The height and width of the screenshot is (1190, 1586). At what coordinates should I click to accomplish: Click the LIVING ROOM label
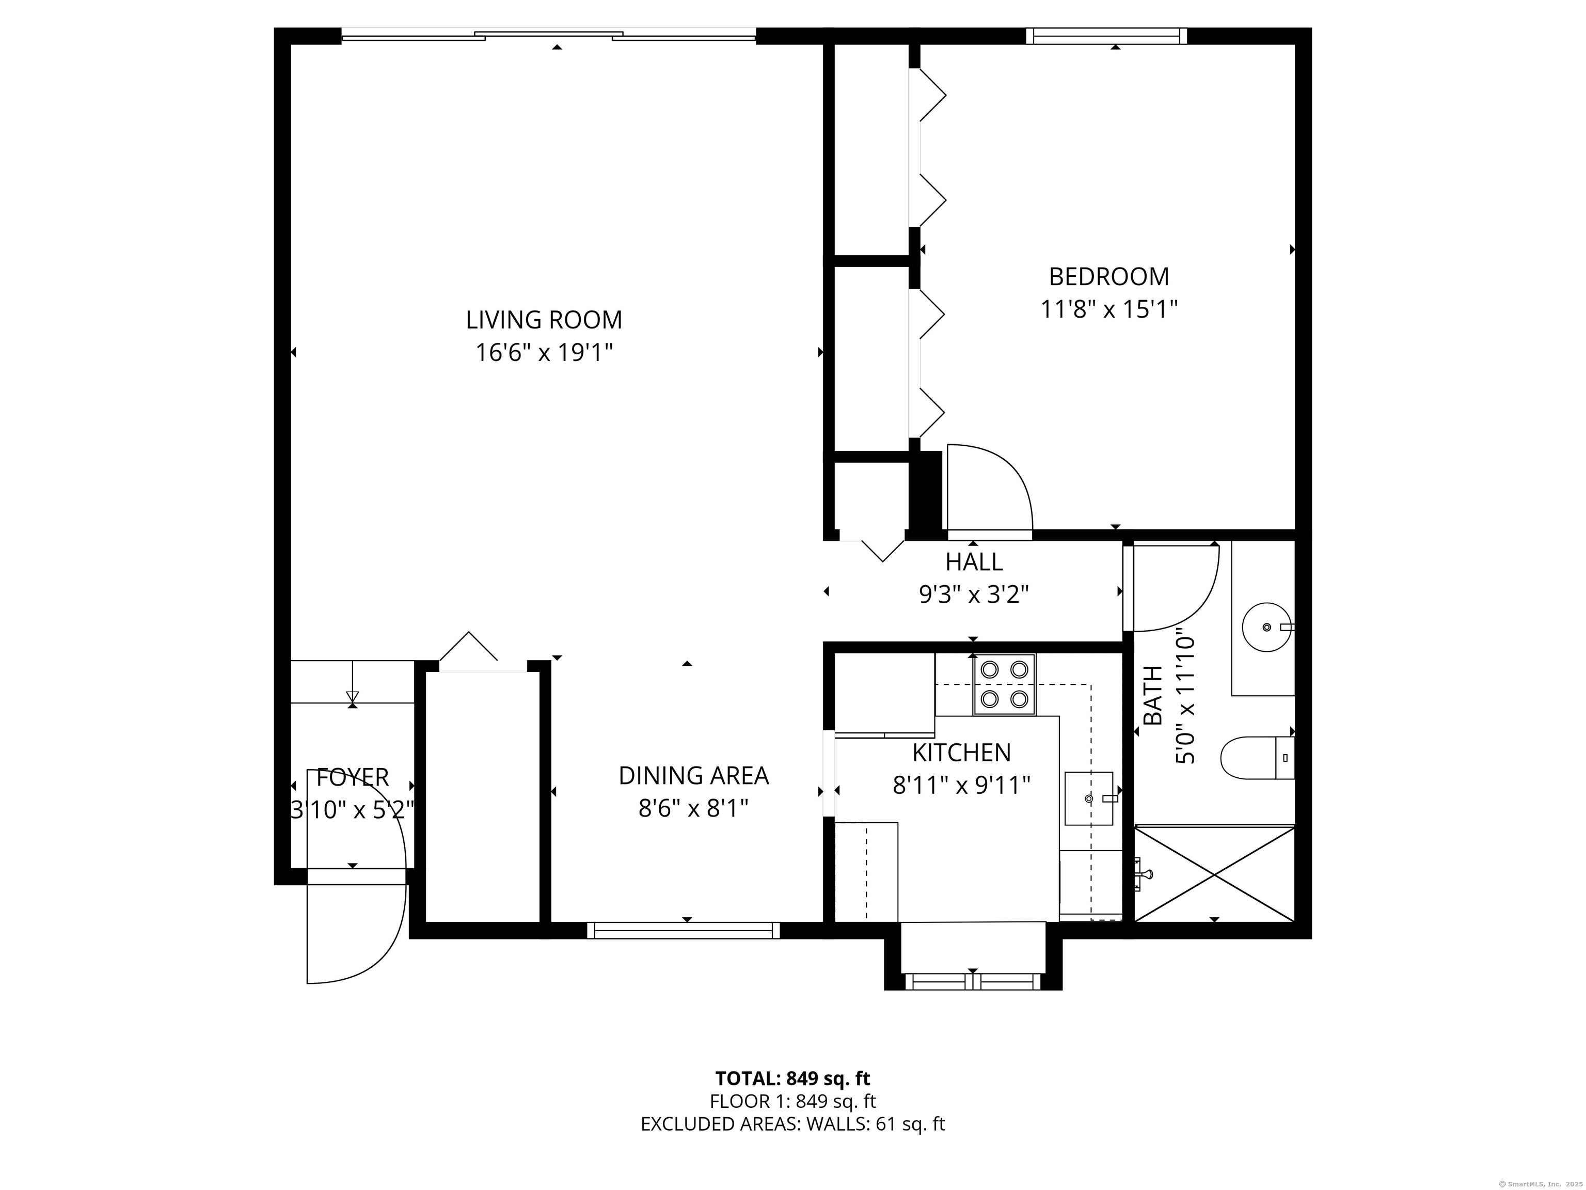(544, 320)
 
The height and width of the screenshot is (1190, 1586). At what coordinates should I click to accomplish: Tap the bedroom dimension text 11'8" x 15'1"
(1108, 309)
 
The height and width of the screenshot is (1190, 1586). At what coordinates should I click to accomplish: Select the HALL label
(974, 561)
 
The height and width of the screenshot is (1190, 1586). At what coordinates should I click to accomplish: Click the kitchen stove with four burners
(1004, 684)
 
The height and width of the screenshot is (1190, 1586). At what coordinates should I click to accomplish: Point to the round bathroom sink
(1267, 627)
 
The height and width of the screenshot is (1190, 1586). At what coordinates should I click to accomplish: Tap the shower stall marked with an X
(1215, 874)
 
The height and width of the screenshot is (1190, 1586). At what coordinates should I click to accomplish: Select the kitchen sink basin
(1088, 798)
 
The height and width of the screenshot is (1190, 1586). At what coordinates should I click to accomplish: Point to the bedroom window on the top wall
(1106, 36)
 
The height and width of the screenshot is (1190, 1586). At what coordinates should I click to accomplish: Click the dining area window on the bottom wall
(684, 930)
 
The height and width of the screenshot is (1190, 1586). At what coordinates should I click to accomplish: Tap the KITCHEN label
(961, 753)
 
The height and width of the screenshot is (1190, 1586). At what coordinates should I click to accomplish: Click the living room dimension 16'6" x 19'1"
(544, 353)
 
